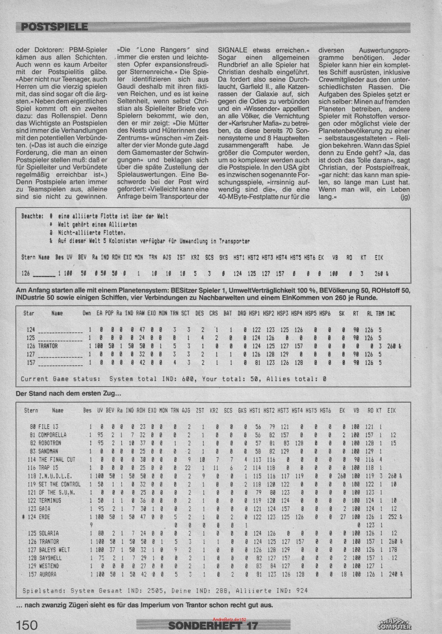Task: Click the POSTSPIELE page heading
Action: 54,27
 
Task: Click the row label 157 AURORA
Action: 44,574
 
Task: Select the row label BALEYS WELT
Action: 54,549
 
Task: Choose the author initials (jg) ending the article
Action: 405,197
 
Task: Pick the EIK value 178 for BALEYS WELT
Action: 394,549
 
